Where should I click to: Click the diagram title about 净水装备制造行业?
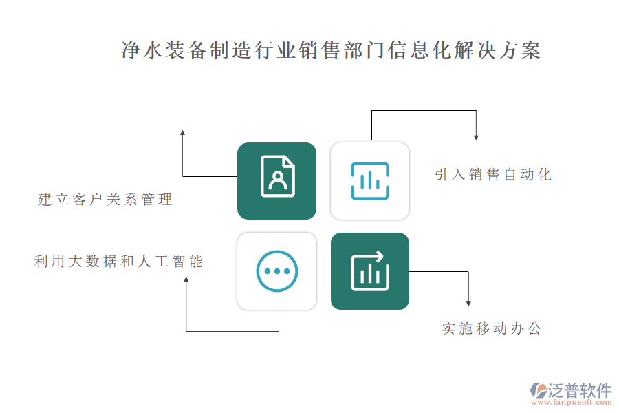330,50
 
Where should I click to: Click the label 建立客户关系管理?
105,199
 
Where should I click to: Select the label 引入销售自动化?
493,174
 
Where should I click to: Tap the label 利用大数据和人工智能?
118,262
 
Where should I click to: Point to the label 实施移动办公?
492,328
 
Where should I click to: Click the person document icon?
278,176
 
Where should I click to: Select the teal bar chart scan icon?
370,180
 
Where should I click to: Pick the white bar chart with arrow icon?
370,271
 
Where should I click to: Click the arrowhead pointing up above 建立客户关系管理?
182,133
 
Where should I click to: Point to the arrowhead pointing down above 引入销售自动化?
476,137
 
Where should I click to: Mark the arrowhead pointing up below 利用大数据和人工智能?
186,279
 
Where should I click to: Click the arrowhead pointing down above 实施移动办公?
468,303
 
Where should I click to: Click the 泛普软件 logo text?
580,390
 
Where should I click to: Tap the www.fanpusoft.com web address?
572,402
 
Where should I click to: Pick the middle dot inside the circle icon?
276,271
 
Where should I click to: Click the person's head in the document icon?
278,176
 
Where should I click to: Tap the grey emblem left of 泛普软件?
539,390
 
